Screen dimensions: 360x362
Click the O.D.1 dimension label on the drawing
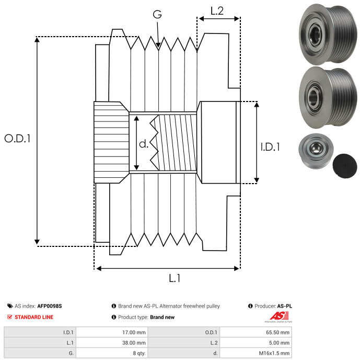(17, 139)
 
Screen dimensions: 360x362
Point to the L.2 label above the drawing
(217, 11)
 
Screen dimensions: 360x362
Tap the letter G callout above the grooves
(157, 14)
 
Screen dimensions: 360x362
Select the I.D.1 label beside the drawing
(270, 147)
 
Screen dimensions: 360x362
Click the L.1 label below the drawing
(175, 278)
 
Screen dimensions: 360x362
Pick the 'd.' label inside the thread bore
(144, 144)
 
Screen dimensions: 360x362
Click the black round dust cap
(345, 166)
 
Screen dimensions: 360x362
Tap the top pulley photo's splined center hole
(315, 35)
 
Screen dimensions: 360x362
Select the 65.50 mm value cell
(256, 332)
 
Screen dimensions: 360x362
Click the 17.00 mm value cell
(112, 332)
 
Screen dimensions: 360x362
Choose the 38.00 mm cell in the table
(112, 343)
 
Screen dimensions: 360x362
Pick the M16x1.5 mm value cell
(256, 353)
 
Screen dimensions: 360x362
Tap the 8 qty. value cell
(112, 353)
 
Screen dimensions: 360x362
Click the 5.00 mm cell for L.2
(256, 343)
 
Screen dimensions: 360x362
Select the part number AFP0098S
(50, 306)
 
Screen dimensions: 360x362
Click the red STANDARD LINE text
(34, 317)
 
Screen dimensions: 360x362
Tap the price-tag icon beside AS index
(10, 306)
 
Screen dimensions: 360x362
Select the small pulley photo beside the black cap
(316, 151)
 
